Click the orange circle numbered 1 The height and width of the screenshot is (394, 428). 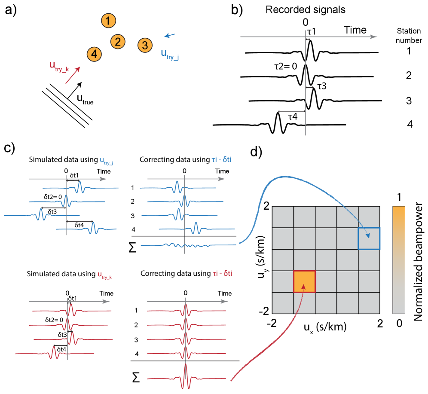click(x=108, y=21)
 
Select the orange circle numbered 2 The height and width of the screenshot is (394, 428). click(x=117, y=42)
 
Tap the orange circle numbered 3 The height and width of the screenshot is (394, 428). click(x=145, y=45)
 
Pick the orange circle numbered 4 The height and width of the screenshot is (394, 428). click(x=94, y=54)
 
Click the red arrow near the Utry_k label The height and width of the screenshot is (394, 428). click(x=73, y=75)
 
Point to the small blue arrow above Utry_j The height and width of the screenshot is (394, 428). click(x=170, y=35)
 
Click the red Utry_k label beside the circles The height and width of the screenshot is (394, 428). click(x=59, y=66)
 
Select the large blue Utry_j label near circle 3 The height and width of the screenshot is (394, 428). click(x=170, y=54)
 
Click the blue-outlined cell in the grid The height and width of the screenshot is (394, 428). click(x=369, y=238)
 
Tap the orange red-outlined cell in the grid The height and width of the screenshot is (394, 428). click(x=305, y=282)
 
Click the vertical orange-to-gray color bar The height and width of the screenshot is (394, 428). click(x=398, y=260)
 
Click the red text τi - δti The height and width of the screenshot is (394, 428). click(x=222, y=273)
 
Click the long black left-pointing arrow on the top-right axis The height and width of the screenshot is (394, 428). click(x=291, y=111)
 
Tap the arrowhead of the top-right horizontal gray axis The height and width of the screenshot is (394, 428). click(x=374, y=37)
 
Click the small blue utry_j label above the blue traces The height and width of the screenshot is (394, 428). click(x=107, y=162)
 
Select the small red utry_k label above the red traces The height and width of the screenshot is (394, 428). click(x=105, y=276)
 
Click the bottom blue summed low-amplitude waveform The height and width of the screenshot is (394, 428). click(x=189, y=245)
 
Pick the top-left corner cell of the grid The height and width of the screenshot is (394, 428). click(x=283, y=217)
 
